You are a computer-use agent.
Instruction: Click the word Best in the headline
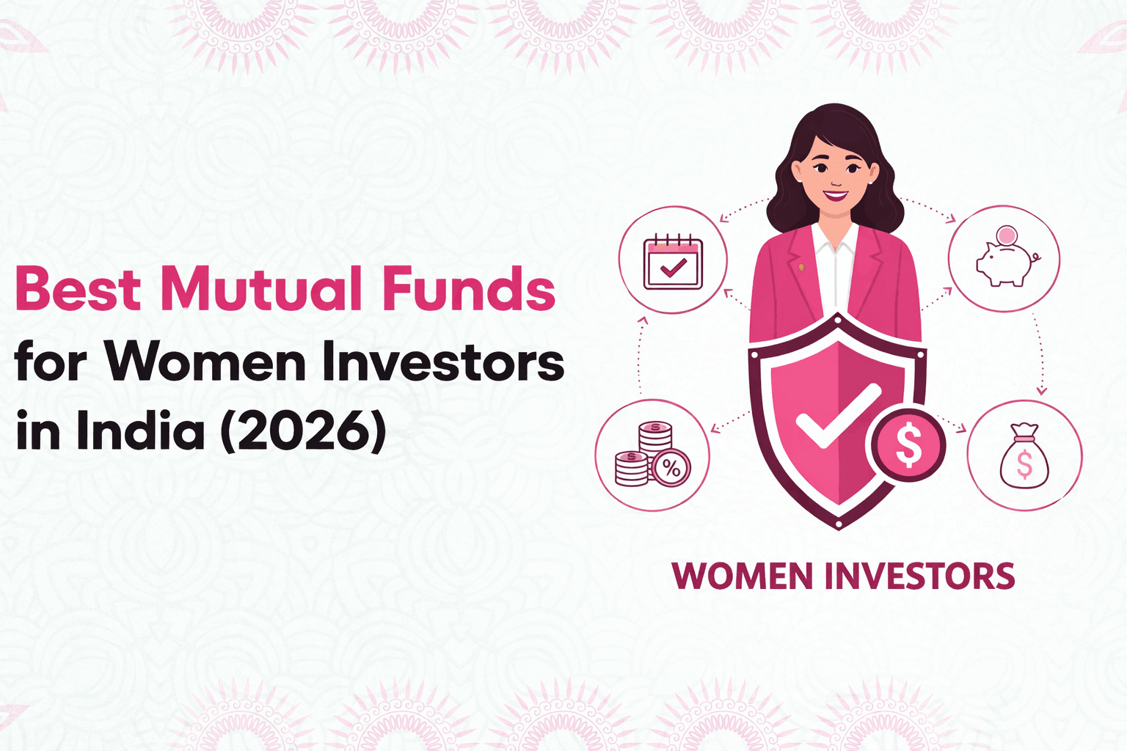[x=78, y=289]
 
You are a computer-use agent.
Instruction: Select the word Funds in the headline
[x=469, y=289]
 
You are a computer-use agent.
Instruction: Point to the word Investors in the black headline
[x=443, y=362]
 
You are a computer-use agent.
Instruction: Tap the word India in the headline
[x=140, y=431]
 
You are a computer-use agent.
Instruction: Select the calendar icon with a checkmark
[x=673, y=262]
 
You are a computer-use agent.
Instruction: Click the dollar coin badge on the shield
[x=908, y=445]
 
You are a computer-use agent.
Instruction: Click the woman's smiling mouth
[x=835, y=196]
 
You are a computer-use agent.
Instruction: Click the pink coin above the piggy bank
[x=1007, y=235]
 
